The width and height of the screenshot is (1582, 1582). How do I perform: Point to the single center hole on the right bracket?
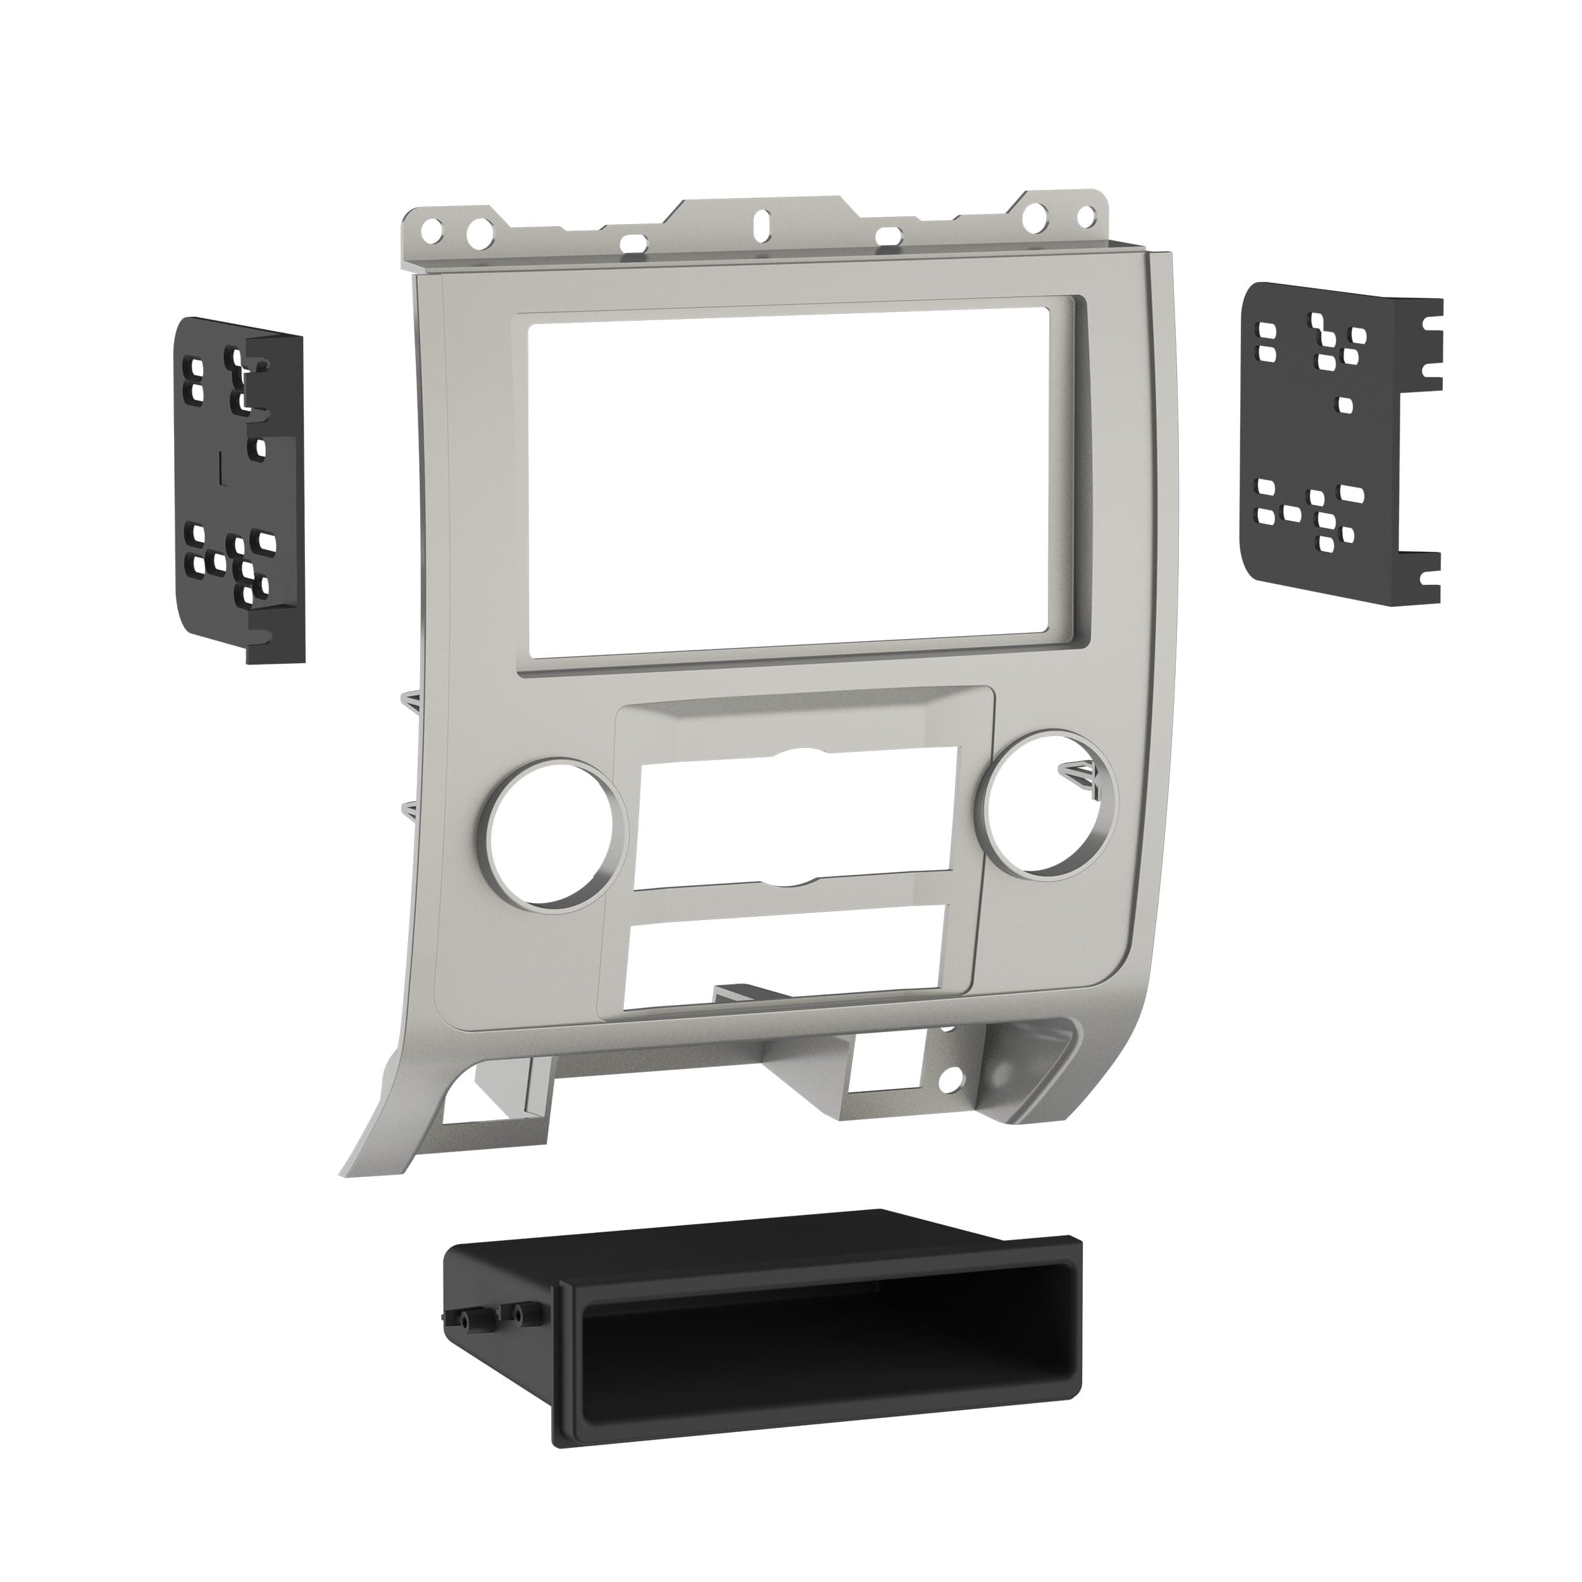click(1342, 404)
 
